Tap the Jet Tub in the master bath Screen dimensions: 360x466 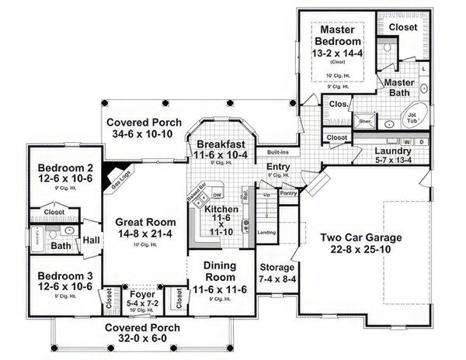coord(411,117)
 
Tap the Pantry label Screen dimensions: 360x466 coord(289,192)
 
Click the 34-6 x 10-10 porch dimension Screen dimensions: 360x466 coord(144,135)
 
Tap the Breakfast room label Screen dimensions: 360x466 coord(221,144)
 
